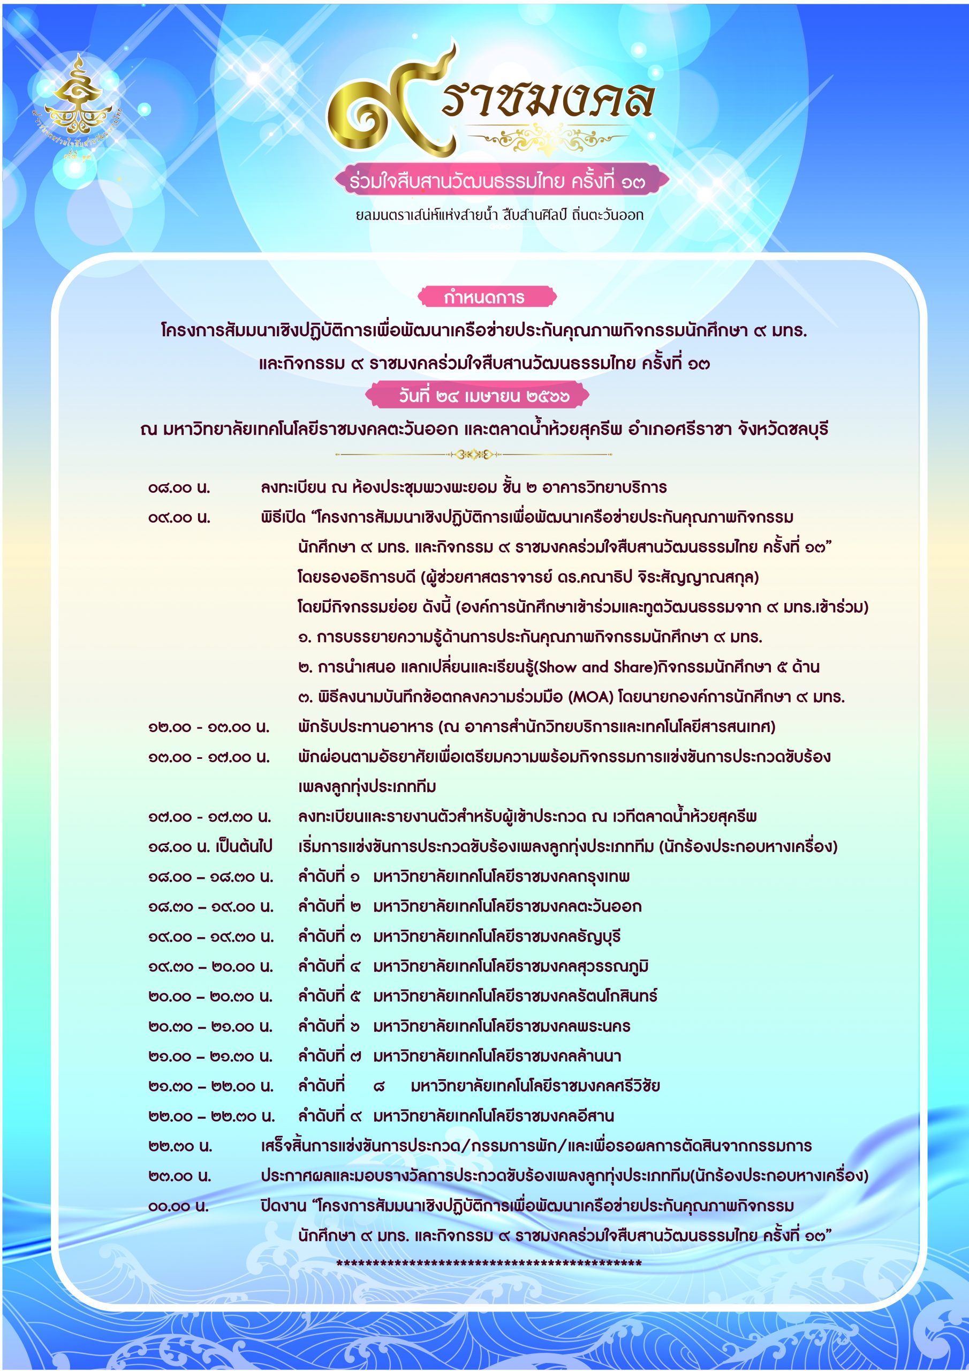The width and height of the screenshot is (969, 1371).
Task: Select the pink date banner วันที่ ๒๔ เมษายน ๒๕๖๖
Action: (x=476, y=395)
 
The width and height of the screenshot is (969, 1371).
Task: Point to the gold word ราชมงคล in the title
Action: (x=548, y=99)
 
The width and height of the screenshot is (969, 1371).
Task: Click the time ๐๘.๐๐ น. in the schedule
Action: (x=179, y=488)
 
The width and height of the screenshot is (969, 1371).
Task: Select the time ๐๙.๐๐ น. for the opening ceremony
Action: (x=179, y=518)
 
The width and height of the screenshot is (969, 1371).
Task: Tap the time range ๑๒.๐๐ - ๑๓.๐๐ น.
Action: (x=209, y=727)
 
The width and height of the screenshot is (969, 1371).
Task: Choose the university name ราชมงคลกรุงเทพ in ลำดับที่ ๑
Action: (x=502, y=877)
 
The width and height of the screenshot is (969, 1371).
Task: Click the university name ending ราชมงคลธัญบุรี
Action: (x=497, y=936)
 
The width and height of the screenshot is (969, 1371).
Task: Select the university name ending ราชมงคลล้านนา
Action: (x=497, y=1056)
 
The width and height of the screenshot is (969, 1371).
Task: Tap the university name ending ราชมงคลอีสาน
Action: (x=493, y=1116)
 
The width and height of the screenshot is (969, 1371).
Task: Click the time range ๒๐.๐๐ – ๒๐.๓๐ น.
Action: (x=211, y=997)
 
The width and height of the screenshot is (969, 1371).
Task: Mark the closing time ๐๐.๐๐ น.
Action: (x=178, y=1206)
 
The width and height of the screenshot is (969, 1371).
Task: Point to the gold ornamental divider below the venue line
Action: (x=473, y=455)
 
